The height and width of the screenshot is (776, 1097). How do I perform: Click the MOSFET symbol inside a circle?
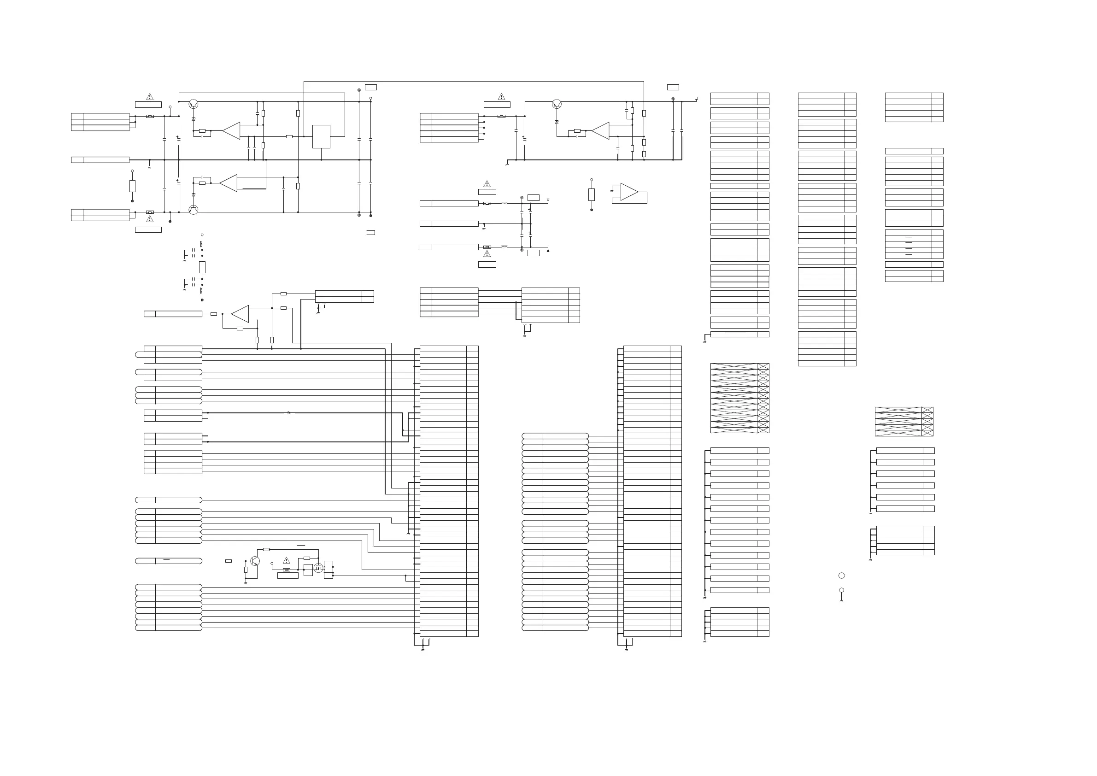(x=318, y=568)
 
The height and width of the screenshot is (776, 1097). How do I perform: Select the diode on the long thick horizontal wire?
(x=289, y=413)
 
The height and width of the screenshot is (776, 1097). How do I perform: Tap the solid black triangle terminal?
(x=548, y=250)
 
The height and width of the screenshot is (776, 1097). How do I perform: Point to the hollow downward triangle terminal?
(x=548, y=200)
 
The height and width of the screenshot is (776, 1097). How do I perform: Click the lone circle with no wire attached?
(x=841, y=576)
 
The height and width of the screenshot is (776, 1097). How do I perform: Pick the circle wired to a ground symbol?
(x=841, y=590)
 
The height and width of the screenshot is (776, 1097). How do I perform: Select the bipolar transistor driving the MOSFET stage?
(x=255, y=561)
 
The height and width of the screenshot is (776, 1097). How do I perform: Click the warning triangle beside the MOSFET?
(x=287, y=560)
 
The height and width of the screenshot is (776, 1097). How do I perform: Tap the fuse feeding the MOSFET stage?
(x=287, y=570)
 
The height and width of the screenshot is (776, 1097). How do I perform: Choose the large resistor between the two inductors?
(x=202, y=267)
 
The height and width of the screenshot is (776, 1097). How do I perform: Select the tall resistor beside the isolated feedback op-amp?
(x=592, y=194)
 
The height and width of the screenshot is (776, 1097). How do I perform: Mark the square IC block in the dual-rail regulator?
(x=321, y=137)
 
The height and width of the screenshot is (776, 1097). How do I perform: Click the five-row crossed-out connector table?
(x=904, y=422)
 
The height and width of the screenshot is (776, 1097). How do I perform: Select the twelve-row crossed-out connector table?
(x=739, y=398)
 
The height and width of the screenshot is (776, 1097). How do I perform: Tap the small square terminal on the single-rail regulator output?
(x=696, y=99)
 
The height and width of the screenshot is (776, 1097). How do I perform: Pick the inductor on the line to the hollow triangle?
(x=504, y=203)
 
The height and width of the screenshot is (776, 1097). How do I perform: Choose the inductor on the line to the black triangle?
(x=504, y=247)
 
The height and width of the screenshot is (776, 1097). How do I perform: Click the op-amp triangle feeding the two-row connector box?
(x=241, y=314)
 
